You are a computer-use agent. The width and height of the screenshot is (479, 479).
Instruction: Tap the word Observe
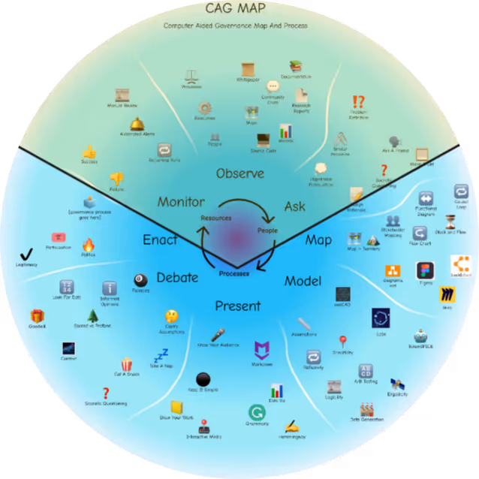240,173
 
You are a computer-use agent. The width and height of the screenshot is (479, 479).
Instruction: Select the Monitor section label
181,202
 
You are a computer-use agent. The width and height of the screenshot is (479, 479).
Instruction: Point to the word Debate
177,278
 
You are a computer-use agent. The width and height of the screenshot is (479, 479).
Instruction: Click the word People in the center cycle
268,230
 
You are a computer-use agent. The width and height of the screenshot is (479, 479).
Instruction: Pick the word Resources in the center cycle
216,218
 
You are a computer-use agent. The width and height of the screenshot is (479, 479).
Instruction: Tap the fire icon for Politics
89,245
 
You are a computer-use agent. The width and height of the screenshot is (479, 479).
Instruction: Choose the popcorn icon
126,363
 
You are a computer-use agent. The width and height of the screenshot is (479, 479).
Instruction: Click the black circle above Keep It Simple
203,380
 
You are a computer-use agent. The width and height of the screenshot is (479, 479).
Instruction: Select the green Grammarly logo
257,412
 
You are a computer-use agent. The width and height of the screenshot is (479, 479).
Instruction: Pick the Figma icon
426,270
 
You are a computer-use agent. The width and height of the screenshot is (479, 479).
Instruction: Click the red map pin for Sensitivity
343,342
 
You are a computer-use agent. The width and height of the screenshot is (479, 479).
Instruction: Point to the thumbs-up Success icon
89,152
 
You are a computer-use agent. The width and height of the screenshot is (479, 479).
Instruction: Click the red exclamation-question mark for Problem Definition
359,102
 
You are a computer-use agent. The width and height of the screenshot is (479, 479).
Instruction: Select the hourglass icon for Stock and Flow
450,221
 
